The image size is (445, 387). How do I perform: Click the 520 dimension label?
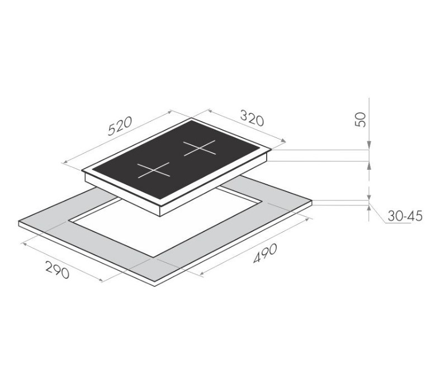tap(120, 125)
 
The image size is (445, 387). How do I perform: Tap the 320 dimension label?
tap(252, 118)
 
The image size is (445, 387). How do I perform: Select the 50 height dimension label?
tap(361, 120)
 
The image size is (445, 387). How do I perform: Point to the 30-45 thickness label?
tap(405, 216)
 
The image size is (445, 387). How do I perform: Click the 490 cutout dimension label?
tap(265, 253)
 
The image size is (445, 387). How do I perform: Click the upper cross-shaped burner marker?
tap(200, 148)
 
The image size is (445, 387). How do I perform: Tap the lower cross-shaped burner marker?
tap(154, 170)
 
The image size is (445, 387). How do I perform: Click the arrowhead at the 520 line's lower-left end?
tap(65, 162)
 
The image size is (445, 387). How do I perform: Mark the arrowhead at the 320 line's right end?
tap(283, 140)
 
